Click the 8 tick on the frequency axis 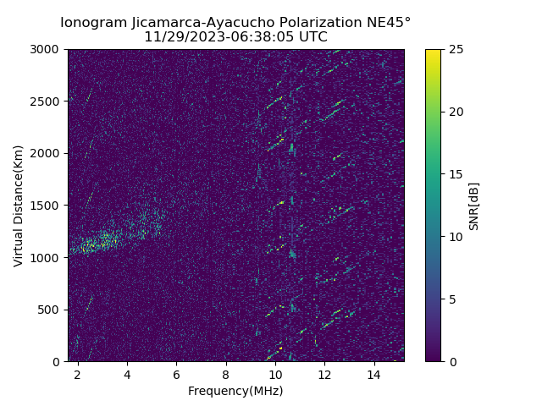(225, 374)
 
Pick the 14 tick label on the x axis (373, 374)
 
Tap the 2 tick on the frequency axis (78, 374)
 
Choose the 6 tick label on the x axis (176, 374)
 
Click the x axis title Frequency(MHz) (235, 391)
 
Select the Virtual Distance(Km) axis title (19, 206)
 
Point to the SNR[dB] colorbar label (474, 206)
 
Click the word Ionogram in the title (94, 22)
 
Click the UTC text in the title (312, 37)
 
